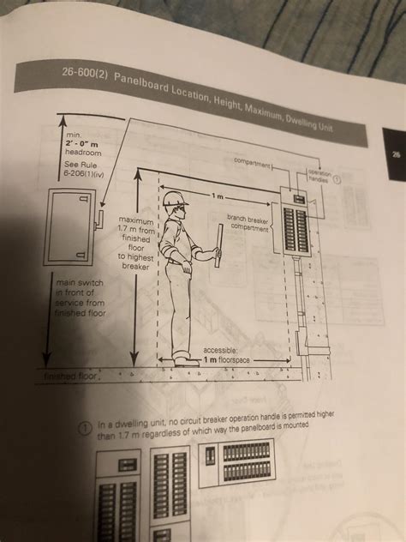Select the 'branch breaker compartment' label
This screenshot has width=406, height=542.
(x=248, y=222)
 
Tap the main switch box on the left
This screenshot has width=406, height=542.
(x=71, y=227)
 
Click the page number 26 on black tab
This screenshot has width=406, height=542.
(x=395, y=155)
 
